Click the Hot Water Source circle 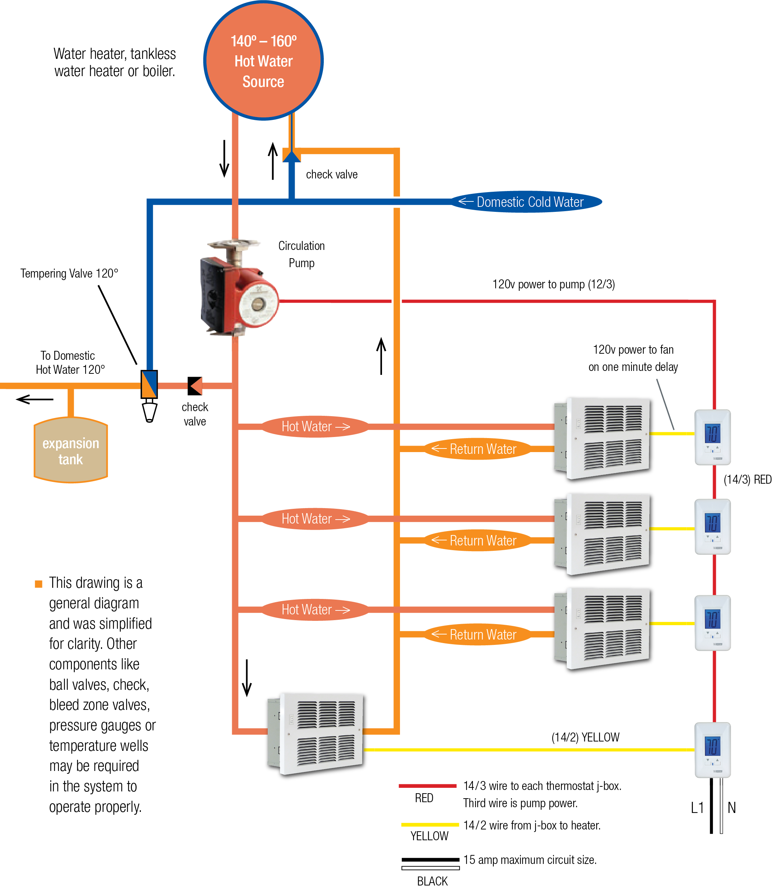pos(263,60)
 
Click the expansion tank pos(71,451)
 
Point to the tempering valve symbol pos(149,385)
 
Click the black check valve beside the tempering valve pos(195,386)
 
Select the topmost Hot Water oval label pos(315,427)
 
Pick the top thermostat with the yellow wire pos(712,437)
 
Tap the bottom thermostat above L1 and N pos(712,750)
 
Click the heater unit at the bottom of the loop pos(317,735)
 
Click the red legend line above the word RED pos(427,786)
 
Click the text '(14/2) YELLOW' pos(585,738)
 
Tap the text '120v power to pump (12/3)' pos(553,284)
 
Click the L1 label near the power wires pos(697,808)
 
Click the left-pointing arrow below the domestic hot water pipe pos(34,399)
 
